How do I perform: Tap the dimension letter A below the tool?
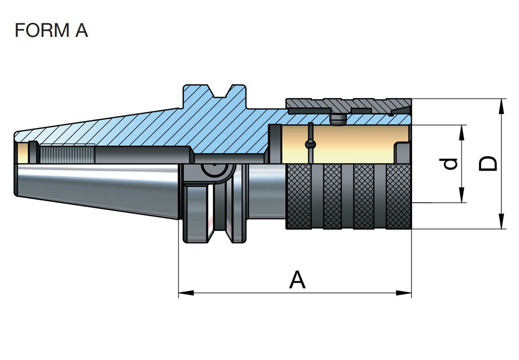(x=297, y=281)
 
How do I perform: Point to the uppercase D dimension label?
(x=488, y=163)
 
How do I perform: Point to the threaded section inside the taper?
(x=67, y=154)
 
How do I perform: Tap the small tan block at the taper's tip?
(x=23, y=153)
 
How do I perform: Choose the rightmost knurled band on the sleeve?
(x=399, y=197)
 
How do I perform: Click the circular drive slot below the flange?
(x=211, y=171)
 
